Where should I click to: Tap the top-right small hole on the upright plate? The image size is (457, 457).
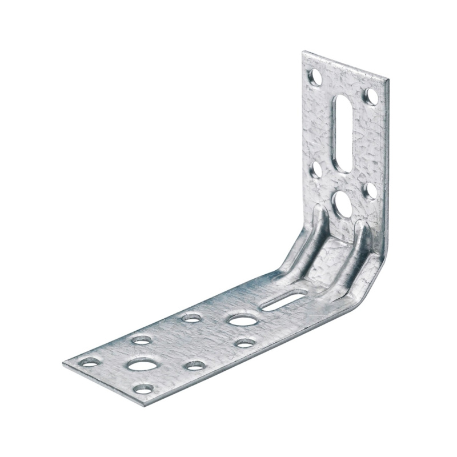[x=371, y=96]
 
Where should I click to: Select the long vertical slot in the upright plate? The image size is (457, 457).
[x=343, y=133]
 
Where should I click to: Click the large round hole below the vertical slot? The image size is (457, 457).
[x=343, y=204]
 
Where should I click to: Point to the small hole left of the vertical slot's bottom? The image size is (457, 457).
[x=316, y=169]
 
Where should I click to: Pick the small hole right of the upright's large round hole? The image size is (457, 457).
[x=371, y=190]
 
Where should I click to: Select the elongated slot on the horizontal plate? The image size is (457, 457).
[x=284, y=300]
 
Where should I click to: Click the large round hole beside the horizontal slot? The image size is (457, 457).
[x=243, y=320]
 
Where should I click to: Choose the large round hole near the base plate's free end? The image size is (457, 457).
[x=143, y=364]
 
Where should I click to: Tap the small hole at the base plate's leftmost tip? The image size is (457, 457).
[x=90, y=362]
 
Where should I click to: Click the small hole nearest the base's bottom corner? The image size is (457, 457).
[x=143, y=389]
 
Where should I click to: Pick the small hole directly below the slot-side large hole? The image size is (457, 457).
[x=246, y=343]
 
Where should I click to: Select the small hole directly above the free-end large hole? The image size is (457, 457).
[x=142, y=340]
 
